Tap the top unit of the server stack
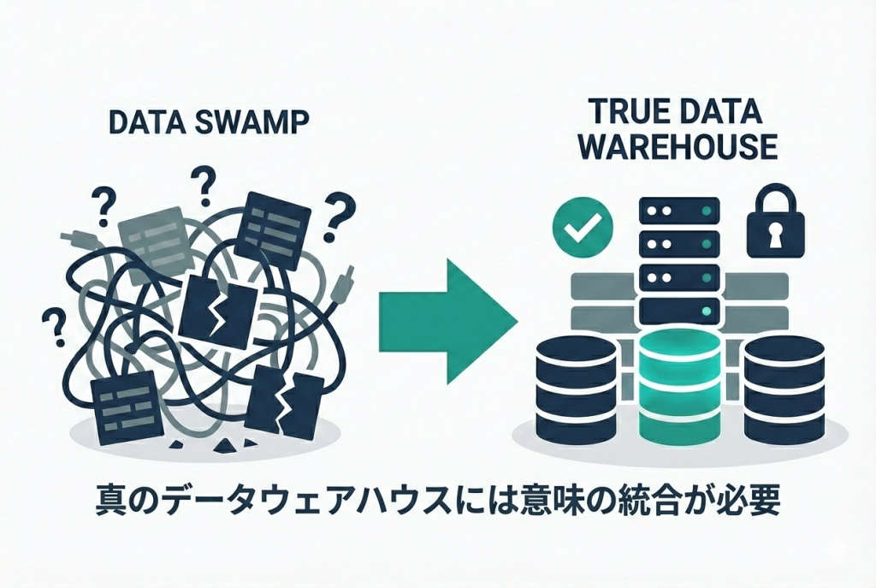click(x=680, y=211)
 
